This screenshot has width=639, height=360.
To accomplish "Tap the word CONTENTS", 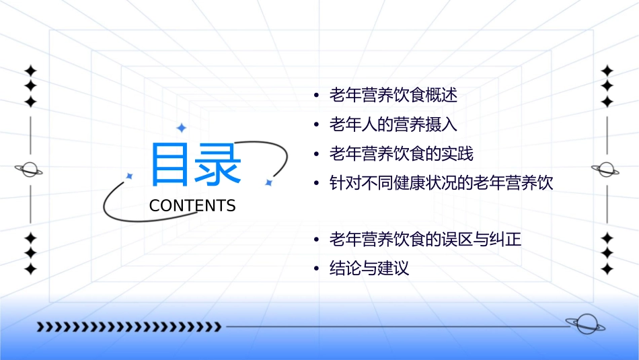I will [192, 206].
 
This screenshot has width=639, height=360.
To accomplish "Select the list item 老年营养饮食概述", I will [393, 96].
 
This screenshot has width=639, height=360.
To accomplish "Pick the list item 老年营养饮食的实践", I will [401, 154].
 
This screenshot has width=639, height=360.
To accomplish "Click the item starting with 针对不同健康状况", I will [441, 183].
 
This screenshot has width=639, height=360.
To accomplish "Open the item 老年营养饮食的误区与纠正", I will [425, 240].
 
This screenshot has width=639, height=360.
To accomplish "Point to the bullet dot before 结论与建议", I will [316, 269].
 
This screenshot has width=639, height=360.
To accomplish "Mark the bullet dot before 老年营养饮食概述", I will [316, 96].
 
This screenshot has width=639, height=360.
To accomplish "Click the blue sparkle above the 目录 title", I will [181, 128].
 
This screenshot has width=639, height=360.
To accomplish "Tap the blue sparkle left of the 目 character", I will [130, 176].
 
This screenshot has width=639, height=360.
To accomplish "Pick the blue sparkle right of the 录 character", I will [268, 182].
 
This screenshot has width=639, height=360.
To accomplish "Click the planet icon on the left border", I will [30, 170].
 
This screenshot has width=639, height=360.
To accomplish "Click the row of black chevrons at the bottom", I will [128, 327].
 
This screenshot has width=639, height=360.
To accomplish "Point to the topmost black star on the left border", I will [30, 71].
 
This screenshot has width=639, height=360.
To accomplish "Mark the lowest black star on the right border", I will [607, 269].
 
